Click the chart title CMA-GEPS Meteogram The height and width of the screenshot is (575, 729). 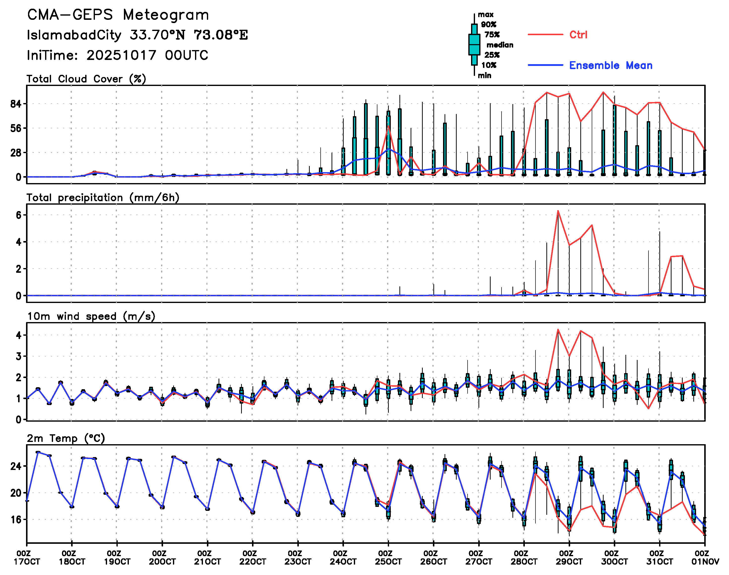pyautogui.click(x=118, y=15)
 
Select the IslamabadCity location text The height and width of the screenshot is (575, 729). pyautogui.click(x=74, y=35)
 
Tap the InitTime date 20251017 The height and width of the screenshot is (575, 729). pyautogui.click(x=121, y=55)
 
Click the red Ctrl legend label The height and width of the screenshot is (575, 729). pyautogui.click(x=578, y=35)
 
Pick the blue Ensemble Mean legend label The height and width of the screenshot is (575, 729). pyautogui.click(x=611, y=65)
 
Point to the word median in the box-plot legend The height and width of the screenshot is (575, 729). pyautogui.click(x=500, y=45)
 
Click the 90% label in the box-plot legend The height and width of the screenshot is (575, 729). pyautogui.click(x=488, y=25)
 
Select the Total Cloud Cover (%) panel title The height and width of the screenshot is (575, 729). pyautogui.click(x=86, y=79)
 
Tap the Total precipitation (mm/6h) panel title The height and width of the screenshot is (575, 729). pyautogui.click(x=103, y=198)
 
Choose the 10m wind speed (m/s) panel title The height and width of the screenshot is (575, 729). pyautogui.click(x=91, y=316)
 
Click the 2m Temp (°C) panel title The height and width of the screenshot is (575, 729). pyautogui.click(x=66, y=438)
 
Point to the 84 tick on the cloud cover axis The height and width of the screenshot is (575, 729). pyautogui.click(x=16, y=104)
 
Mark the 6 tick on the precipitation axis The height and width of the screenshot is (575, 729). pyautogui.click(x=19, y=215)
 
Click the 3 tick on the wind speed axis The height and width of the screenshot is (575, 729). pyautogui.click(x=19, y=356)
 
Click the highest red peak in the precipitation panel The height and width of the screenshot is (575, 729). pyautogui.click(x=558, y=211)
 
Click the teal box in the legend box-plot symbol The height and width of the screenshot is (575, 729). pyautogui.click(x=474, y=44)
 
